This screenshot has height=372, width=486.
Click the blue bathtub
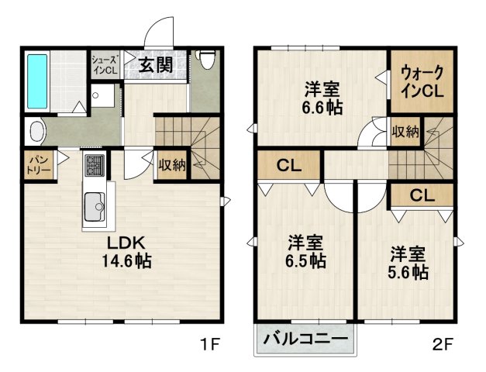(x=37, y=81)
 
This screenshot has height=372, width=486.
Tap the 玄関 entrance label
(x=156, y=65)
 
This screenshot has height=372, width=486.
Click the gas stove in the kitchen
(x=95, y=165)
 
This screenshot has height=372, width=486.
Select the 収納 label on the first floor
(x=171, y=164)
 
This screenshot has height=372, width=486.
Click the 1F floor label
(x=212, y=343)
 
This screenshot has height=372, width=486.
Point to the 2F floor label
(x=443, y=343)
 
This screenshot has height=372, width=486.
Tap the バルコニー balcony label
(x=305, y=339)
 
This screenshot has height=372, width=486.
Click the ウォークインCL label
(x=422, y=81)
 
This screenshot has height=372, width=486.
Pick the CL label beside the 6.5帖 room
(x=289, y=164)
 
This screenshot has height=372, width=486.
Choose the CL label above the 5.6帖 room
(x=420, y=195)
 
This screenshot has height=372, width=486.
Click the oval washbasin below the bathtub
(x=37, y=130)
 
